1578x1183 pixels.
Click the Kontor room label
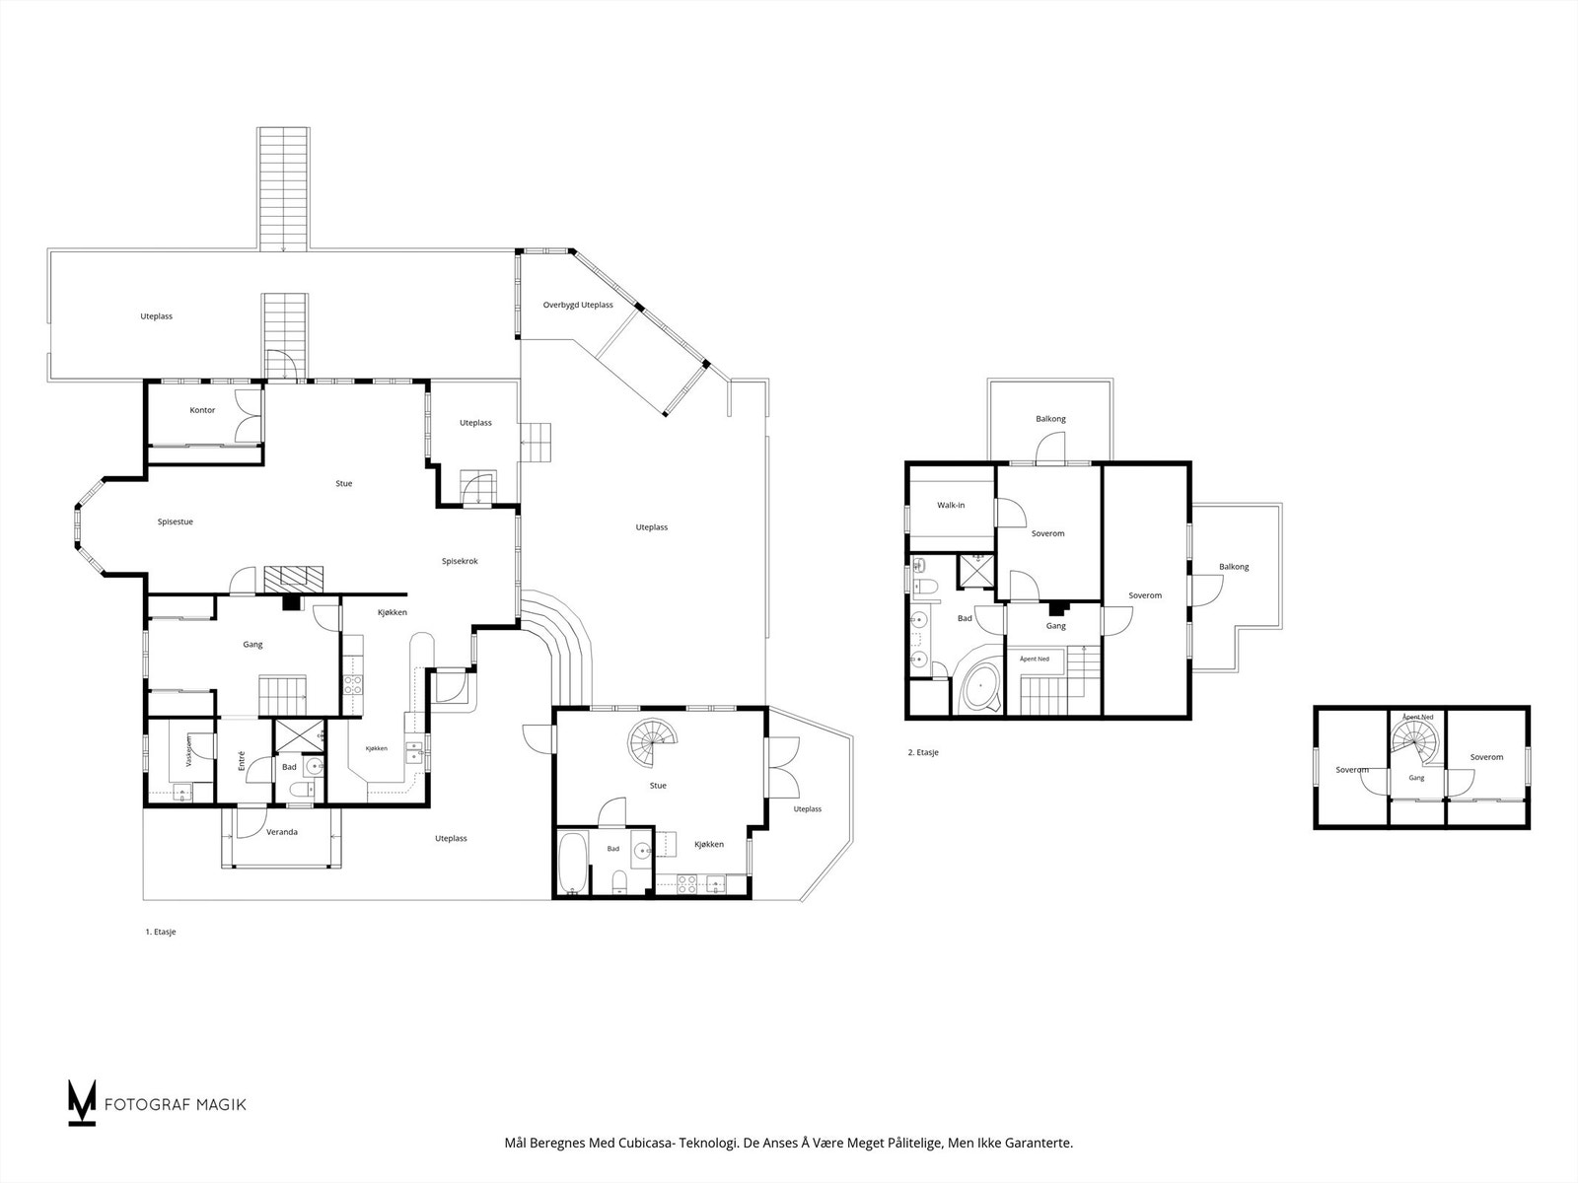(x=202, y=410)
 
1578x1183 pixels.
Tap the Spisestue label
(x=176, y=522)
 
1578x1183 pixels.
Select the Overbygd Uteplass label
(x=578, y=305)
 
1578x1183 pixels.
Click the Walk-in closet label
(x=951, y=505)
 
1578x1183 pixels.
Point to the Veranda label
(x=282, y=832)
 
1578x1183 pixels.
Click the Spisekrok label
(x=461, y=561)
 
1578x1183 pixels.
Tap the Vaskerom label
(x=189, y=751)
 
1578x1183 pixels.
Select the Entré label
(x=242, y=761)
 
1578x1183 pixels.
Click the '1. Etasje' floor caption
(x=161, y=932)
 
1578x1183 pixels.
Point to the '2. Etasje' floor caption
(x=923, y=752)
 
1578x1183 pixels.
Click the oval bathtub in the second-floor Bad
(x=980, y=687)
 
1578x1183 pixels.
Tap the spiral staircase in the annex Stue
(x=653, y=742)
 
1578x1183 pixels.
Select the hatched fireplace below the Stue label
(x=294, y=579)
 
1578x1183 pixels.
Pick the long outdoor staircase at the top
(x=284, y=188)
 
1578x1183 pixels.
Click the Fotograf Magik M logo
(x=82, y=1102)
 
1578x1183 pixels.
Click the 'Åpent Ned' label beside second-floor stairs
(x=1035, y=659)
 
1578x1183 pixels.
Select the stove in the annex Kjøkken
(x=686, y=884)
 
